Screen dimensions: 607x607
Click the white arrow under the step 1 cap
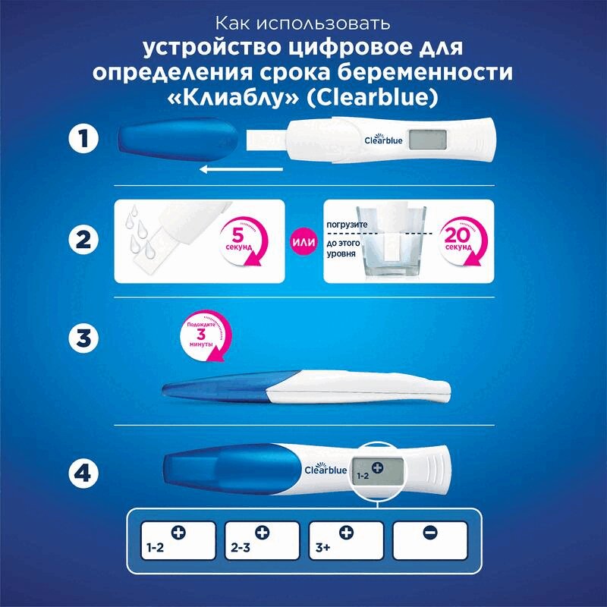pyautogui.click(x=242, y=171)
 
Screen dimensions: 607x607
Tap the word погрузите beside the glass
pyautogui.click(x=345, y=225)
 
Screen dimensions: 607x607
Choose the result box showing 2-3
pyautogui.click(x=258, y=540)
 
